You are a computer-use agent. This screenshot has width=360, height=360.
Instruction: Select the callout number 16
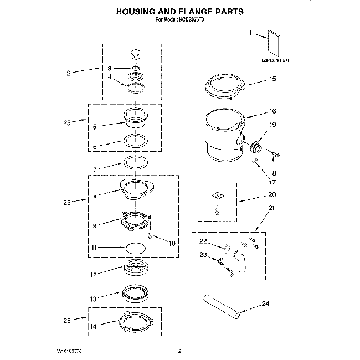(272, 111)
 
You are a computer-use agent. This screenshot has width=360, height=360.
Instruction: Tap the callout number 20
(272, 194)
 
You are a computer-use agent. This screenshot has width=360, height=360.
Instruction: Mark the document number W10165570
(74, 351)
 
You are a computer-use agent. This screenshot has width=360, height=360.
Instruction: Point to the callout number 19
(272, 125)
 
